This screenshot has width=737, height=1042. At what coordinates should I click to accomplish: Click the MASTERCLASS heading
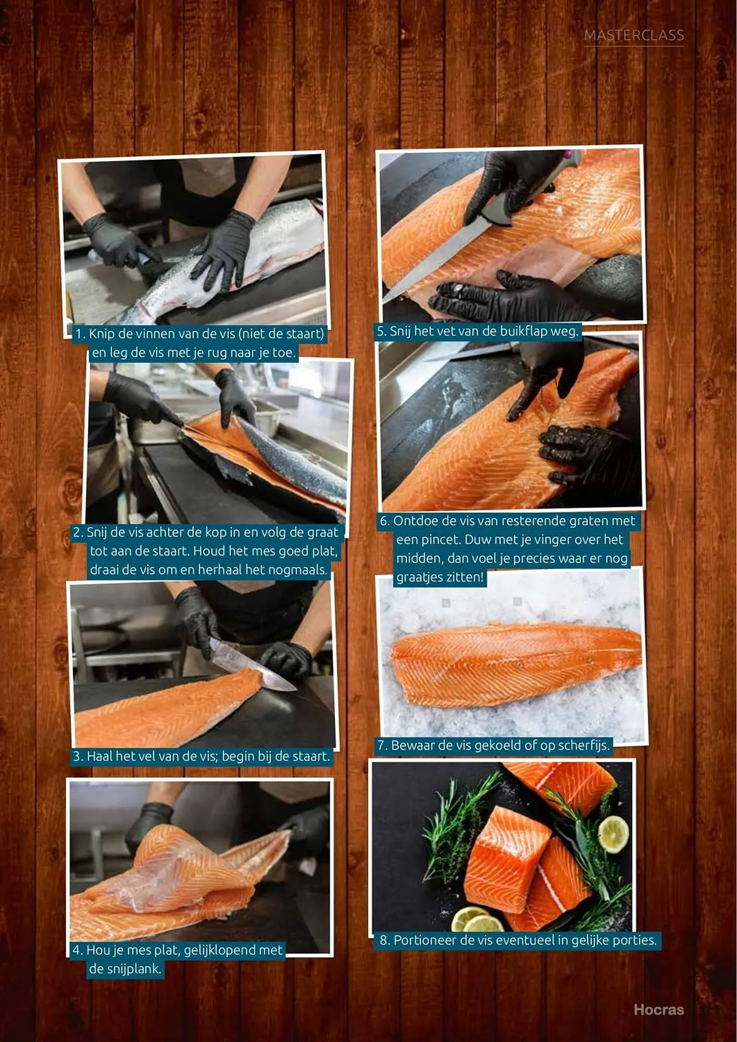click(x=634, y=35)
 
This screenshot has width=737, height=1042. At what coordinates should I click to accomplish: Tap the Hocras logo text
click(x=658, y=1009)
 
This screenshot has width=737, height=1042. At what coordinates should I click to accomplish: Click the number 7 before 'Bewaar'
click(x=382, y=746)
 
